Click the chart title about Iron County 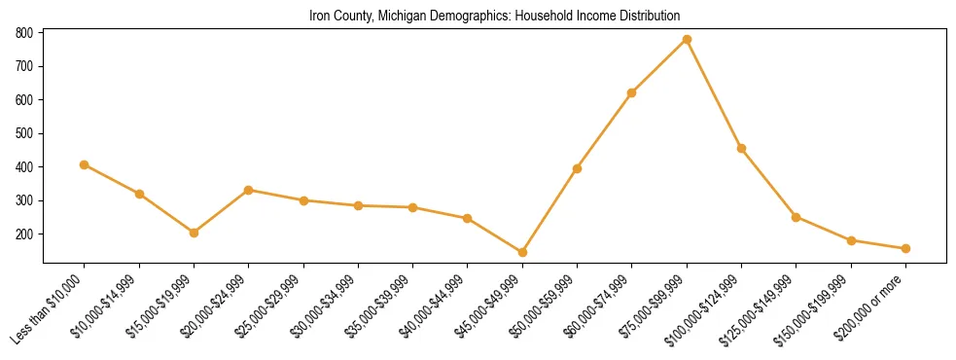click(494, 17)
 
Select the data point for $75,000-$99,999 click(687, 40)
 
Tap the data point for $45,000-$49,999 click(522, 252)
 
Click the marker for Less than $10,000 click(85, 164)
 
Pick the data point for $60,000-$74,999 click(632, 92)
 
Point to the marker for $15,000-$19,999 click(194, 233)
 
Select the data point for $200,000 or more click(905, 248)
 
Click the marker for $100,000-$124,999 click(741, 148)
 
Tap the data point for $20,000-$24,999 click(249, 190)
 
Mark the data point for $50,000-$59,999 click(577, 168)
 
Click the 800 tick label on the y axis click(25, 33)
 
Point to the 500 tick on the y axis click(25, 133)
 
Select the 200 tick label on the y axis click(25, 234)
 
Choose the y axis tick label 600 click(25, 100)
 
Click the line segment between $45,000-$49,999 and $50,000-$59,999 click(549, 210)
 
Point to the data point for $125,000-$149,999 click(796, 217)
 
